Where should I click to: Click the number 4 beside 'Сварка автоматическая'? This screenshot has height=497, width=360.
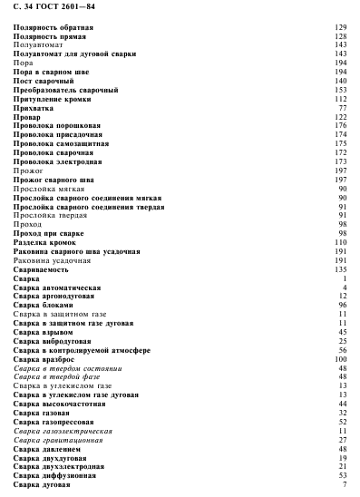pyautogui.click(x=345, y=287)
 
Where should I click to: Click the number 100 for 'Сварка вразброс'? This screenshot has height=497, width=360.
pyautogui.click(x=342, y=358)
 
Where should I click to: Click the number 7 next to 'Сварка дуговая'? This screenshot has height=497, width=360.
pyautogui.click(x=345, y=483)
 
